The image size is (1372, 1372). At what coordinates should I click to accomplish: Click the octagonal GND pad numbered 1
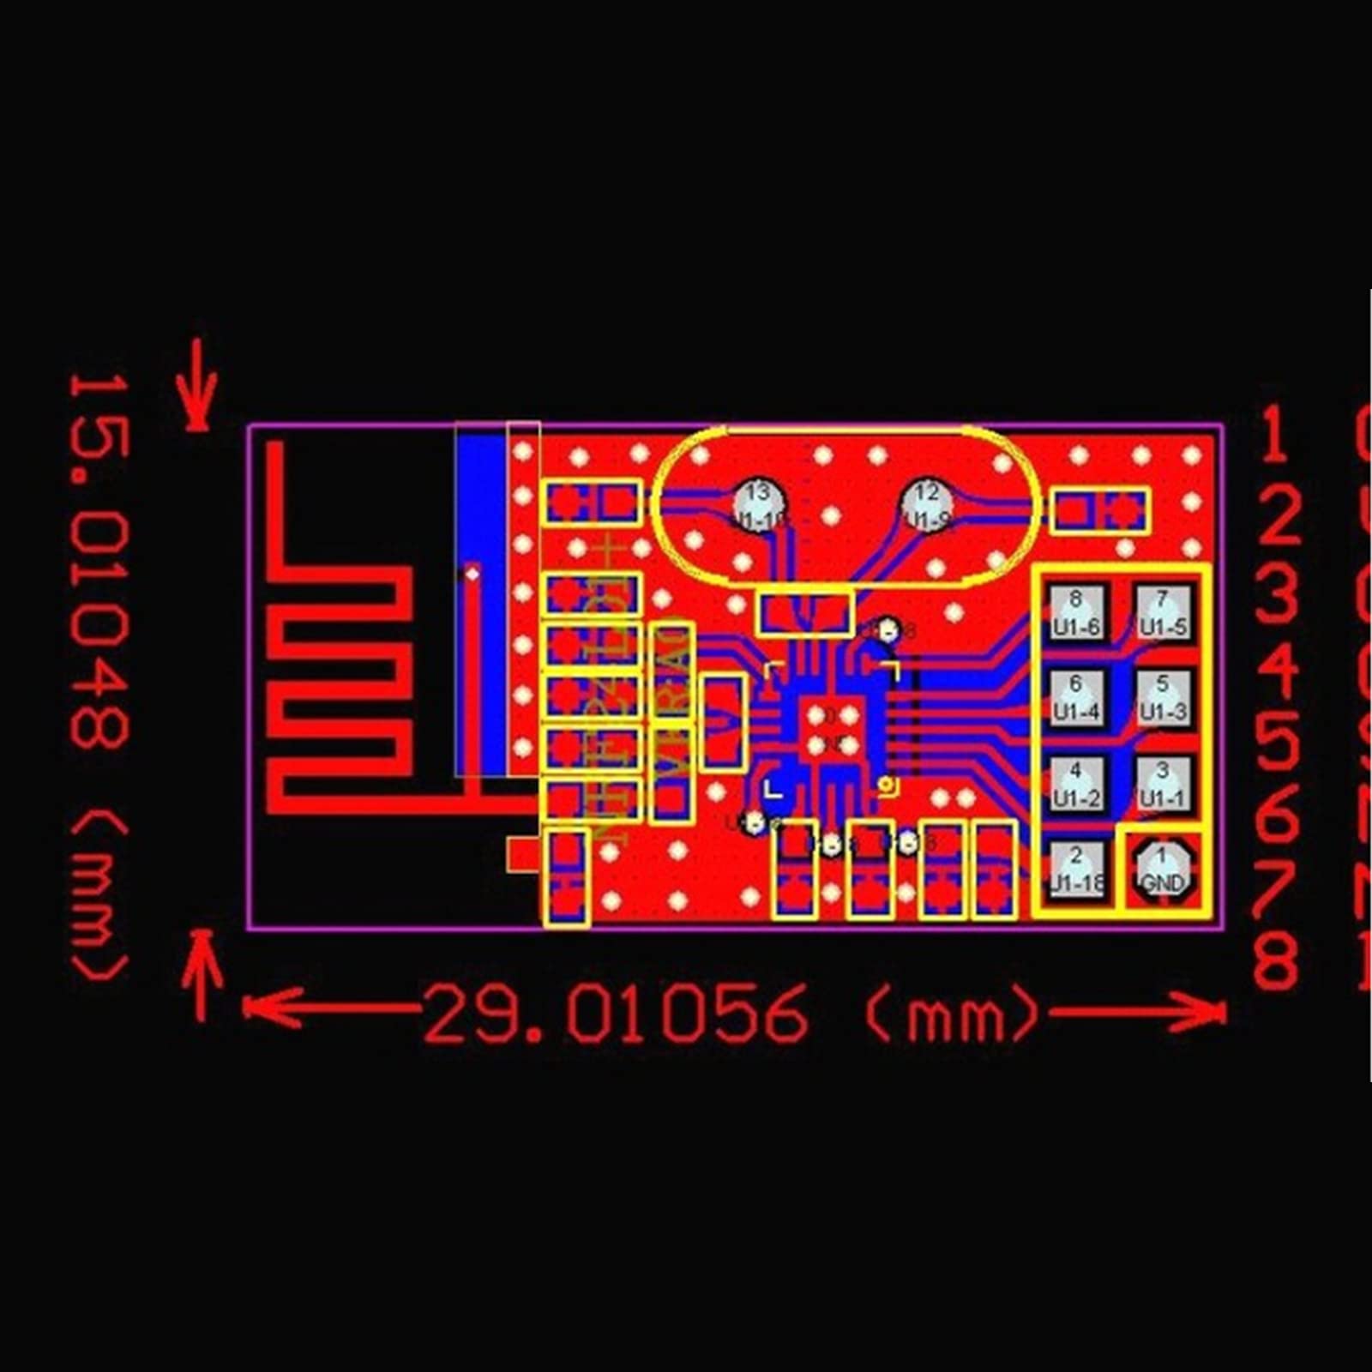[1163, 870]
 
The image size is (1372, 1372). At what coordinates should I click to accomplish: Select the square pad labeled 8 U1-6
[1076, 612]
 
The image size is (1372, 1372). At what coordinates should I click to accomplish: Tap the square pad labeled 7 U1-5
[1163, 612]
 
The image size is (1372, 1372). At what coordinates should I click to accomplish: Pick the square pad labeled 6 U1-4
[1076, 698]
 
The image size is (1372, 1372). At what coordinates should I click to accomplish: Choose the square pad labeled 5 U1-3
[1163, 698]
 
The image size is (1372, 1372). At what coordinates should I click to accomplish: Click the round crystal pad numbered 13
[759, 503]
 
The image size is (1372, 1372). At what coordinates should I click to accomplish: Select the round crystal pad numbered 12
[927, 503]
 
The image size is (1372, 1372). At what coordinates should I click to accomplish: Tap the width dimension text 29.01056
[616, 1014]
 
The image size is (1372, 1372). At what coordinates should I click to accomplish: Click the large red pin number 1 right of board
[1274, 435]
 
